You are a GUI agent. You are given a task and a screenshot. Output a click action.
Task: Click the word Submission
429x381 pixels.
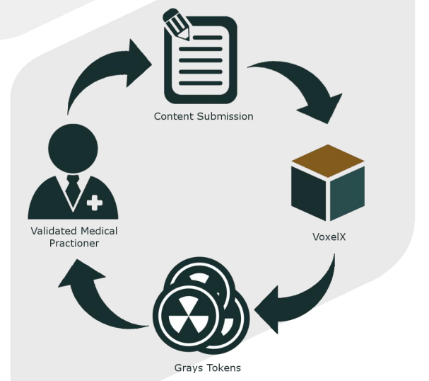pos(224,116)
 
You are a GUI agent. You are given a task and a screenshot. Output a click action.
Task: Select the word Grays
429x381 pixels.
pos(189,368)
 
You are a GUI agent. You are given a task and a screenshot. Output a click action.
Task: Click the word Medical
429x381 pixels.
pos(99,231)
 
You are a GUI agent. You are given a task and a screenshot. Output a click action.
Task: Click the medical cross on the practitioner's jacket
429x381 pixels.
pos(94,203)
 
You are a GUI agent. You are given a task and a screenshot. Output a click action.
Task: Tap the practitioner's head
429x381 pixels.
pos(73,145)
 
